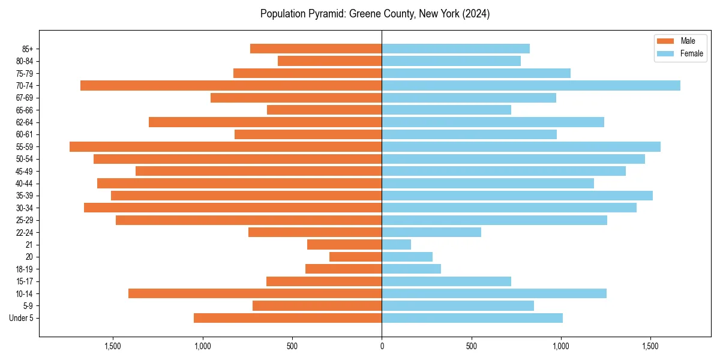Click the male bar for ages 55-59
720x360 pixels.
226,146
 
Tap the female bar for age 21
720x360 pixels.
397,244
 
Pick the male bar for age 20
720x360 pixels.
356,257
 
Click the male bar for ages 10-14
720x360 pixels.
255,293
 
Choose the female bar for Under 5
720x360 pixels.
472,318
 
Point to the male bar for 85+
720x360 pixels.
316,49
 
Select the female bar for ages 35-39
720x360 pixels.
517,196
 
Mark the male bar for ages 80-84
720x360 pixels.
330,61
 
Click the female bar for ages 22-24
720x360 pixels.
431,232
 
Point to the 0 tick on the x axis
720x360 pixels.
382,346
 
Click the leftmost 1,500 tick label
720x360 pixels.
113,346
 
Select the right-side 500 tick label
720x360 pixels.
472,346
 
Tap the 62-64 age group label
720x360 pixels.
24,122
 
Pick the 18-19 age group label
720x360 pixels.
24,269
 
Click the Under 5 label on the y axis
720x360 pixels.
22,318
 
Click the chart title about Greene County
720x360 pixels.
375,14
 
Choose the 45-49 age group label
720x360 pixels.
24,171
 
